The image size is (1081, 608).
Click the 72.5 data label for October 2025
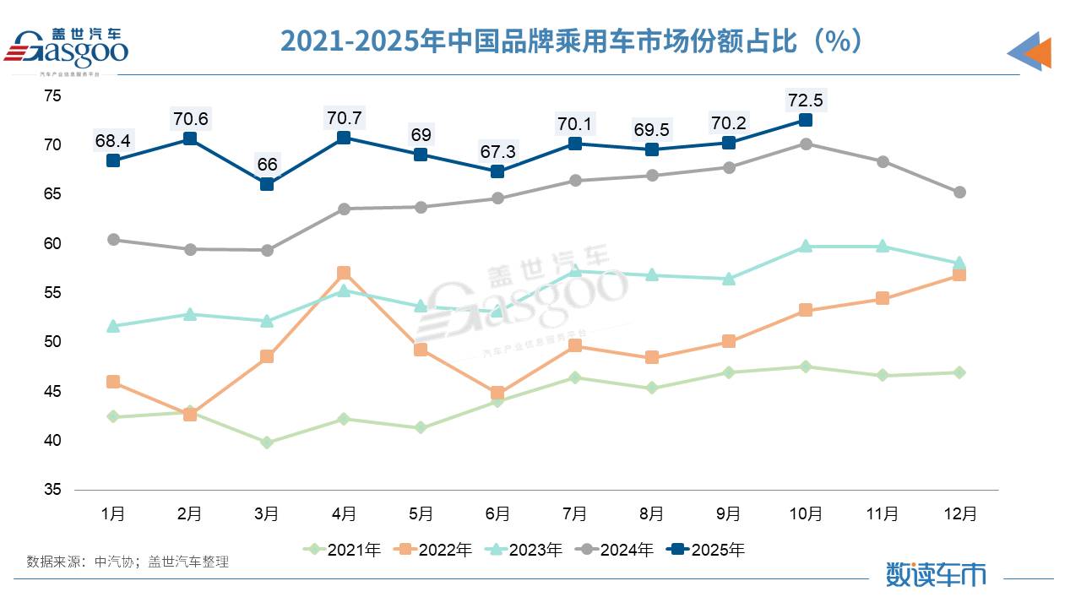pyautogui.click(x=805, y=100)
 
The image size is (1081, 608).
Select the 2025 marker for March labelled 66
pyautogui.click(x=267, y=184)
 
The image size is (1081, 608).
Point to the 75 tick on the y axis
pyautogui.click(x=52, y=96)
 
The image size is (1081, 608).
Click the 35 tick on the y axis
pyautogui.click(x=52, y=490)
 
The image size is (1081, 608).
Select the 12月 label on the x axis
pyautogui.click(x=959, y=513)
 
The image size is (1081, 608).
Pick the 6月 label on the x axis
pyautogui.click(x=497, y=513)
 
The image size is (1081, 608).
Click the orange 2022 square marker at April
pyautogui.click(x=344, y=273)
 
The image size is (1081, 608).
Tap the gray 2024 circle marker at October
pyautogui.click(x=806, y=144)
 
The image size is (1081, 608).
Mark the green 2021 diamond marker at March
pyautogui.click(x=267, y=442)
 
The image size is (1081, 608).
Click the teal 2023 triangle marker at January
pyautogui.click(x=113, y=325)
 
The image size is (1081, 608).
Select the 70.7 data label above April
pyautogui.click(x=344, y=118)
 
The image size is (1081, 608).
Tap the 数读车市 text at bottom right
pyautogui.click(x=936, y=575)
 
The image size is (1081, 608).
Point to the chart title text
pyautogui.click(x=572, y=41)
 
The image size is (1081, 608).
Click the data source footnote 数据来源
pyautogui.click(x=128, y=561)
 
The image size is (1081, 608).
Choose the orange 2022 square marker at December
pyautogui.click(x=959, y=274)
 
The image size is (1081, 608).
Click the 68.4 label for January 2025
pyautogui.click(x=112, y=140)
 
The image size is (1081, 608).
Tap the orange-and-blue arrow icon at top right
pyautogui.click(x=1029, y=52)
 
